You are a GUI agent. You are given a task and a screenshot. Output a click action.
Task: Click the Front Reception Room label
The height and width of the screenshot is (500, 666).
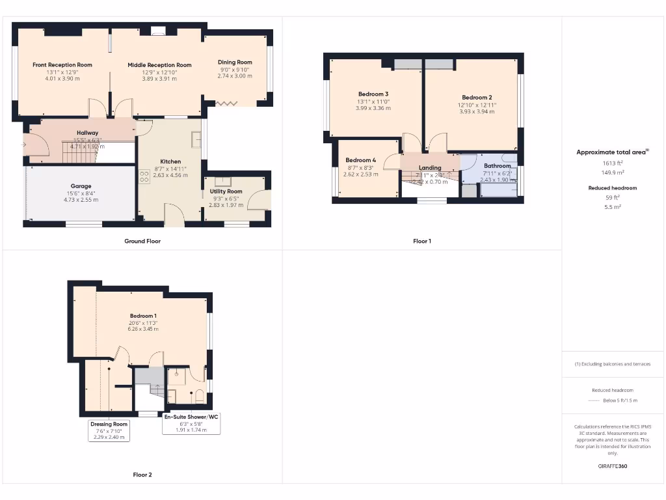pos(62,65)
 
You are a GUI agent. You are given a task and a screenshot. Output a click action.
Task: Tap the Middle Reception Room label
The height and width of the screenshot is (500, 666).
pos(159,65)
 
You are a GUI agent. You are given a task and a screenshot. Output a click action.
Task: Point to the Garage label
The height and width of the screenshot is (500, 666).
pos(81,186)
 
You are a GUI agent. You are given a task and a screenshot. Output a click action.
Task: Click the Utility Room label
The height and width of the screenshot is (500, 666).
pos(226,191)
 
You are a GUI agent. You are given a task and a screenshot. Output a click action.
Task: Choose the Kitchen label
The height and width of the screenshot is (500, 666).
pos(171,161)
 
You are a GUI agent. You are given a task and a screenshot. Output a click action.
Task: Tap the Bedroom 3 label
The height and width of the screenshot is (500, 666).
pos(373,94)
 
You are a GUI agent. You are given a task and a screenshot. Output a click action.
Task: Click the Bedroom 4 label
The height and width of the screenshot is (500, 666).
pos(360,160)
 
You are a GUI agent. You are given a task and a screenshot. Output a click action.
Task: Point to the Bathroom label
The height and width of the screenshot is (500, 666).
pos(498,166)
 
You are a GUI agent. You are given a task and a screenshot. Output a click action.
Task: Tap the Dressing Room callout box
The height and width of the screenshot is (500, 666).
pos(109,430)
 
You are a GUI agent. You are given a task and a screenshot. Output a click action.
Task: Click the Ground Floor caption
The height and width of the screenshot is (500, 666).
pos(142,241)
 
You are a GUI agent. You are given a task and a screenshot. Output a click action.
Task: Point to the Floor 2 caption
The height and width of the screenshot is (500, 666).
pos(142,475)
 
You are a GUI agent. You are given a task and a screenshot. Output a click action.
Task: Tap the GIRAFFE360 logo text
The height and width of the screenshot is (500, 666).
pos(613,466)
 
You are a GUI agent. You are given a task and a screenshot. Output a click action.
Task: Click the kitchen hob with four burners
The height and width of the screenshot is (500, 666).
pos(143,176)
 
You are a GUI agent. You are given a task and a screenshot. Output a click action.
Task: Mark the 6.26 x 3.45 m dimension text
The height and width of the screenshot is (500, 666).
pos(143,329)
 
